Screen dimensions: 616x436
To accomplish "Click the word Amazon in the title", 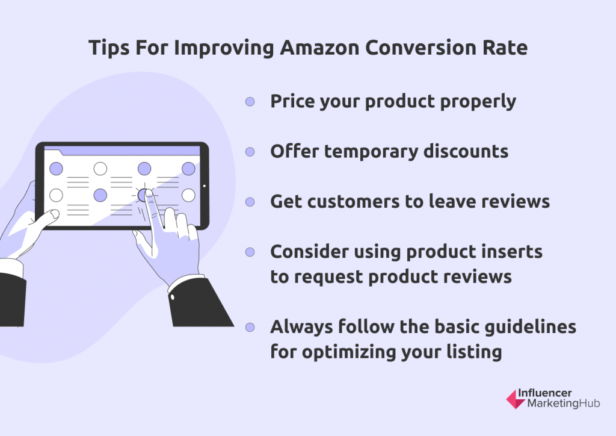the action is [x=319, y=48].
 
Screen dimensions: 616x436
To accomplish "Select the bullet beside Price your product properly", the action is [x=250, y=102].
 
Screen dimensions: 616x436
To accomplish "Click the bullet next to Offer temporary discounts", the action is [x=250, y=152].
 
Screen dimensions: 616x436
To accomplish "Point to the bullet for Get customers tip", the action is [x=250, y=202].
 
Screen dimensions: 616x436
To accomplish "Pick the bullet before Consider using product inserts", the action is [x=250, y=252].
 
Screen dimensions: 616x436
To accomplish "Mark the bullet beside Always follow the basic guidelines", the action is [x=250, y=328].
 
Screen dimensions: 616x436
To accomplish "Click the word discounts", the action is [x=466, y=151].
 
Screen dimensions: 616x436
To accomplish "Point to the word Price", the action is [x=292, y=101].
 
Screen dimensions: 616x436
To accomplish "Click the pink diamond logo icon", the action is [x=516, y=399].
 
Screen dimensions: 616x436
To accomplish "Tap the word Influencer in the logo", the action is [x=544, y=393].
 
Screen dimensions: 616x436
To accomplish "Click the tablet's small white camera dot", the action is [x=205, y=186].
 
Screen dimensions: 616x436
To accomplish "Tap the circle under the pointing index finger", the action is [x=144, y=195].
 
